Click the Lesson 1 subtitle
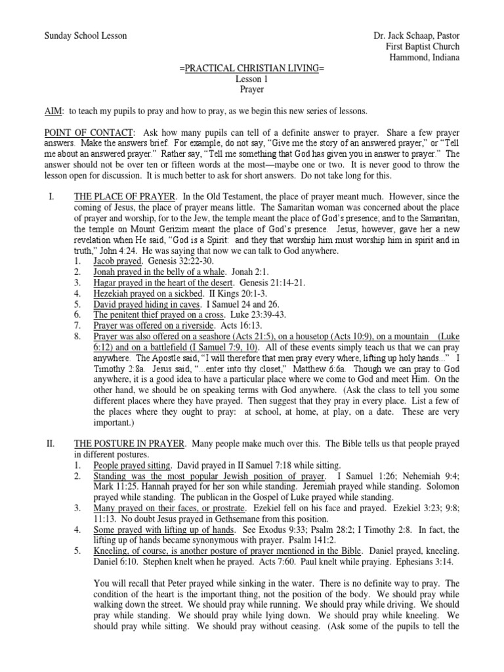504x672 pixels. [x=252, y=79]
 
